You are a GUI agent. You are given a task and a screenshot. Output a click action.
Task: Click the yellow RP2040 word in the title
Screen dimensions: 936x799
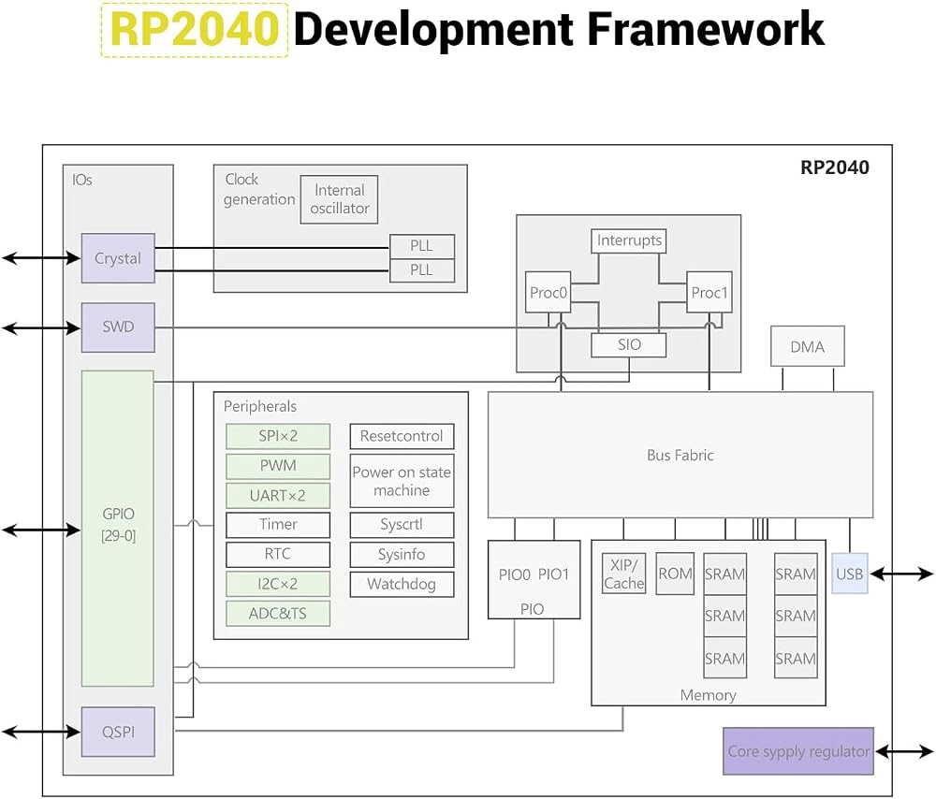pyautogui.click(x=194, y=30)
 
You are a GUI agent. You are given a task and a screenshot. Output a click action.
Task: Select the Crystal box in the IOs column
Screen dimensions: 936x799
pyautogui.click(x=118, y=258)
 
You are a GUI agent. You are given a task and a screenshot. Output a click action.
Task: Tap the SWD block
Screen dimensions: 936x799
pyautogui.click(x=118, y=327)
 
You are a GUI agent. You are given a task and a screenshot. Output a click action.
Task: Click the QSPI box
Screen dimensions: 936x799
pyautogui.click(x=118, y=733)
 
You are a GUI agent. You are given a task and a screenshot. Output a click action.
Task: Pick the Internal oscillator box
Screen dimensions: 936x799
pyautogui.click(x=339, y=199)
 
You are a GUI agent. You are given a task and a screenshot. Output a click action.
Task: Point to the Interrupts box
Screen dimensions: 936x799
pyautogui.click(x=629, y=240)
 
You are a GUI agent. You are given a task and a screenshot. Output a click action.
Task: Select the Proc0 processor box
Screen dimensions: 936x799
pyautogui.click(x=548, y=292)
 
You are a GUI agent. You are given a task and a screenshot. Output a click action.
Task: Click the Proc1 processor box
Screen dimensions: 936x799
pyautogui.click(x=709, y=292)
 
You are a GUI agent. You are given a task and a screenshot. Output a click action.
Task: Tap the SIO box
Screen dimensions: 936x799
pyautogui.click(x=629, y=345)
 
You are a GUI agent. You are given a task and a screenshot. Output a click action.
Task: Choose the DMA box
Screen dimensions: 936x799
pyautogui.click(x=808, y=346)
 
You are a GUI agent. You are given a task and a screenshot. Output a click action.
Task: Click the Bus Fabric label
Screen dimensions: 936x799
pyautogui.click(x=680, y=456)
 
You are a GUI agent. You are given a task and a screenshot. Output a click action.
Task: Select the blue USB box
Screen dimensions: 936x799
pyautogui.click(x=850, y=574)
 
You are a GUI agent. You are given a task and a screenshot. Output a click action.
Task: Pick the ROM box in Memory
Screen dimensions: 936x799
pyautogui.click(x=675, y=574)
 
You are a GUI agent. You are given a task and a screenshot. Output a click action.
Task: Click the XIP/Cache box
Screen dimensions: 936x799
pyautogui.click(x=623, y=574)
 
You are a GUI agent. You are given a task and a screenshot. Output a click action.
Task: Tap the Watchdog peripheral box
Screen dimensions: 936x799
pyautogui.click(x=402, y=584)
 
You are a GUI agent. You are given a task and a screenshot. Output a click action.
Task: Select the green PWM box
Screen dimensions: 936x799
pyautogui.click(x=278, y=466)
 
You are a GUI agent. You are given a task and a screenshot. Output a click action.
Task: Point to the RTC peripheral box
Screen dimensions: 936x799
pyautogui.click(x=278, y=555)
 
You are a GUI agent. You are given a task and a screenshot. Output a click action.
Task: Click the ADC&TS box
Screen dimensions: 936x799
pyautogui.click(x=278, y=614)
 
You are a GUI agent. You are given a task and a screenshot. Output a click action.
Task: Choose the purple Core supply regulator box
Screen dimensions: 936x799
pyautogui.click(x=798, y=751)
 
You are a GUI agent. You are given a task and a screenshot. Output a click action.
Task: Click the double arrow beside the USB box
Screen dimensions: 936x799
pyautogui.click(x=901, y=574)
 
